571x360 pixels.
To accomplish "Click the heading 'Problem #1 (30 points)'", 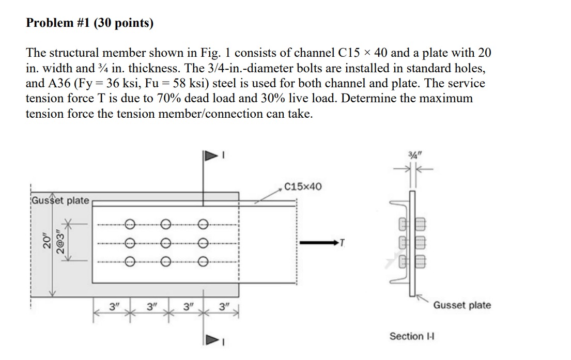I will coord(90,23).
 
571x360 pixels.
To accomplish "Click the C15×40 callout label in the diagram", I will coord(302,186).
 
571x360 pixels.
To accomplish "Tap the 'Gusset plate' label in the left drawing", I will coord(60,200).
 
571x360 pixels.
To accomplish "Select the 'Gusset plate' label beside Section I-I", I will coord(462,305).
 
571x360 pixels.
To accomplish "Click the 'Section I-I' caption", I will coord(411,336).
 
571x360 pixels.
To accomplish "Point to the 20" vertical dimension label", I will coord(47,242).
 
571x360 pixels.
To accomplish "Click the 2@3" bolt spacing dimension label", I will coord(61,242).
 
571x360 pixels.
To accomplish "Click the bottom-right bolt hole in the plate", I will coord(203,261).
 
